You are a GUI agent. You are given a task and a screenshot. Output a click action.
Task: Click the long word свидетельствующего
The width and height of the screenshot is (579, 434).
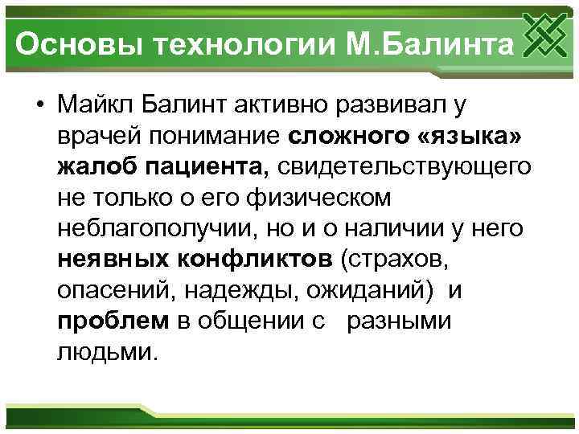tap(405, 167)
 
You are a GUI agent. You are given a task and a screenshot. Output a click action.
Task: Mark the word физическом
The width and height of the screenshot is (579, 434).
tap(333, 199)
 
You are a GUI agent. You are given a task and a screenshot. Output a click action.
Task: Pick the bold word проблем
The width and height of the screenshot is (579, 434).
tap(113, 321)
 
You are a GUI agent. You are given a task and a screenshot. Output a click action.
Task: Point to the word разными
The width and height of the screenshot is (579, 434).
tap(398, 321)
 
